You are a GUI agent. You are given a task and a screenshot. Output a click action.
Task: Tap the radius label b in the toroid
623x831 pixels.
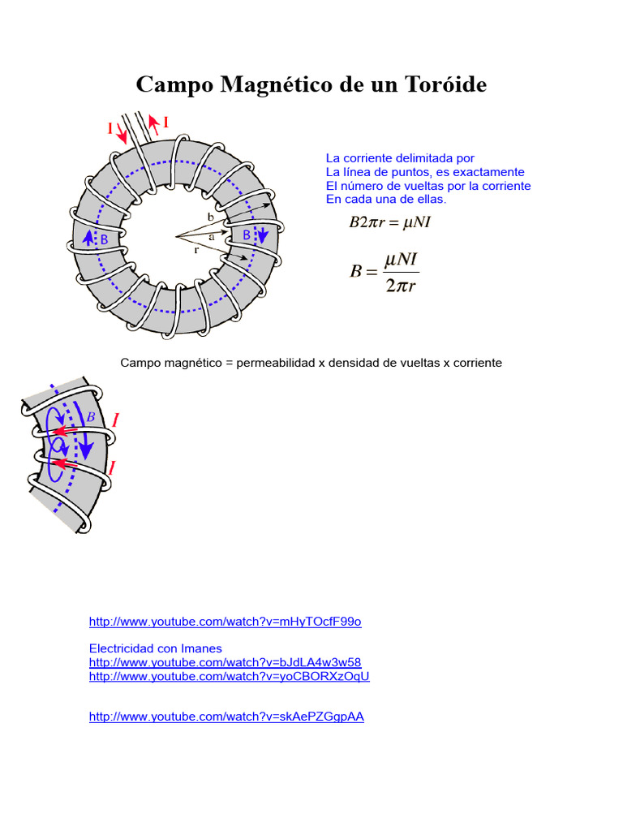pyautogui.click(x=211, y=217)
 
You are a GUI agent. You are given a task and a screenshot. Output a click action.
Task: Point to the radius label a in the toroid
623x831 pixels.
pyautogui.click(x=212, y=237)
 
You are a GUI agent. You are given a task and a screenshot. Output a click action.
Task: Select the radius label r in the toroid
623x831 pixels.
pyautogui.click(x=196, y=251)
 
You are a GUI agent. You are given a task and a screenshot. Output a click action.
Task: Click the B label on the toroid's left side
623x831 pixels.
pyautogui.click(x=104, y=240)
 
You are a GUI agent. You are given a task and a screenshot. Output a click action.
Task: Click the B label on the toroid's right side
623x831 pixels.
pyautogui.click(x=247, y=235)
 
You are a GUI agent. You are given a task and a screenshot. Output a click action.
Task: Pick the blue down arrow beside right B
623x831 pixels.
pyautogui.click(x=262, y=235)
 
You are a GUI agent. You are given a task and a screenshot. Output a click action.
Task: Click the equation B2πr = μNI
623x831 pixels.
pyautogui.click(x=389, y=222)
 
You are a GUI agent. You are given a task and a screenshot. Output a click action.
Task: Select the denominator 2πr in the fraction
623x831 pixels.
pyautogui.click(x=401, y=286)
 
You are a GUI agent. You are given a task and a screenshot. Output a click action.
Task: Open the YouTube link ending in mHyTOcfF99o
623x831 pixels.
pyautogui.click(x=225, y=622)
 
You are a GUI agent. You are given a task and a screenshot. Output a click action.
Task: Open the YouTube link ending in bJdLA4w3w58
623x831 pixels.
pyautogui.click(x=225, y=662)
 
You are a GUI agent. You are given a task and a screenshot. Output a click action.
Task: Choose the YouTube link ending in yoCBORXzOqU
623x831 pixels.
pyautogui.click(x=229, y=676)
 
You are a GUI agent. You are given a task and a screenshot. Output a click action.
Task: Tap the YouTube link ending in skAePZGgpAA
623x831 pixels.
pyautogui.click(x=226, y=717)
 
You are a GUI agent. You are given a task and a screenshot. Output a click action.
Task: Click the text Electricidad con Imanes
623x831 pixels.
pyautogui.click(x=155, y=648)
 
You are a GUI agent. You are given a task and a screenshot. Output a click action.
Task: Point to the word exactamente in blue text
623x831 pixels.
pyautogui.click(x=490, y=172)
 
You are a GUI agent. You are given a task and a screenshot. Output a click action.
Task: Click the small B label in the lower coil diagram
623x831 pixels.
pyautogui.click(x=91, y=416)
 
